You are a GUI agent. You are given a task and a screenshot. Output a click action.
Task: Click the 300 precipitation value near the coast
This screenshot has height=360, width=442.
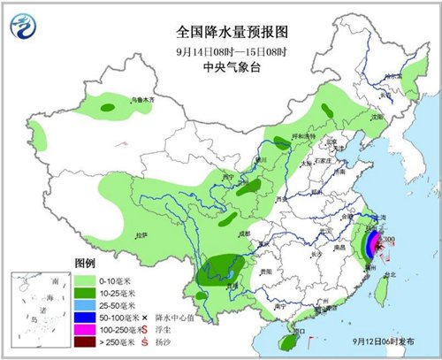tap(390, 238)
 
